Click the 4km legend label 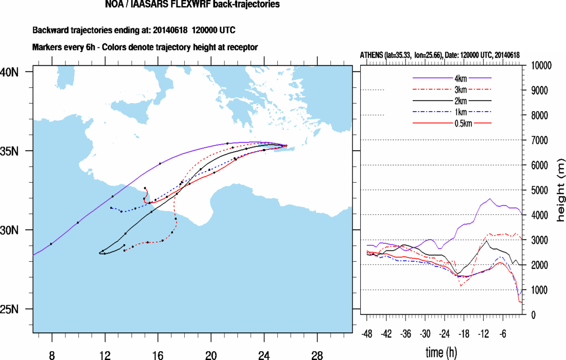[452, 78]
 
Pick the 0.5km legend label [452, 123]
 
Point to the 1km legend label [452, 112]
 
